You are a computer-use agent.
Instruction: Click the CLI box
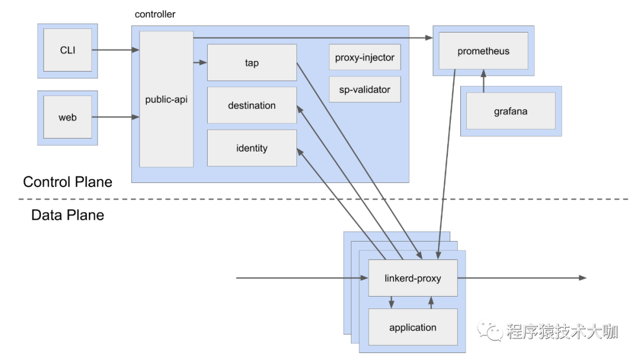coord(67,50)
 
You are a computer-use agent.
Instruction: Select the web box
coord(67,117)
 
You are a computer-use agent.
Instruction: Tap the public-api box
coord(166,99)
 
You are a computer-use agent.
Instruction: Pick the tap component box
coord(251,63)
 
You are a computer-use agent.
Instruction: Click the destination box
coord(251,105)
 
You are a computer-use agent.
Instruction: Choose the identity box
coord(251,148)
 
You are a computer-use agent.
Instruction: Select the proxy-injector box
coord(364,57)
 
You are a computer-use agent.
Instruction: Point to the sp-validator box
coord(364,89)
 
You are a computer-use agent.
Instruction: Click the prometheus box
coord(483,51)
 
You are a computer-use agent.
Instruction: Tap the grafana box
coord(511,111)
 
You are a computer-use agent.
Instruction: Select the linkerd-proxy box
coord(413,278)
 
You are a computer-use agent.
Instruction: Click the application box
coord(413,327)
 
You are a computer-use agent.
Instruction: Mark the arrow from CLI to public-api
coord(115,50)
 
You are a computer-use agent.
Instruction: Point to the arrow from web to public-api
coord(115,117)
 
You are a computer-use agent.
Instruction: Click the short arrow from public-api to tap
coord(201,62)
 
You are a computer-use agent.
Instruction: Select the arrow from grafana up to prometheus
coord(483,81)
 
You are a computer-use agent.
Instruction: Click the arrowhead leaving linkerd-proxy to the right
coord(583,278)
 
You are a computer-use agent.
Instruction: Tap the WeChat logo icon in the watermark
coord(490,330)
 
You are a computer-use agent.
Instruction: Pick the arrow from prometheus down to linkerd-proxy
coord(447,166)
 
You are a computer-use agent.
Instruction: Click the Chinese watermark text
coord(561,331)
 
